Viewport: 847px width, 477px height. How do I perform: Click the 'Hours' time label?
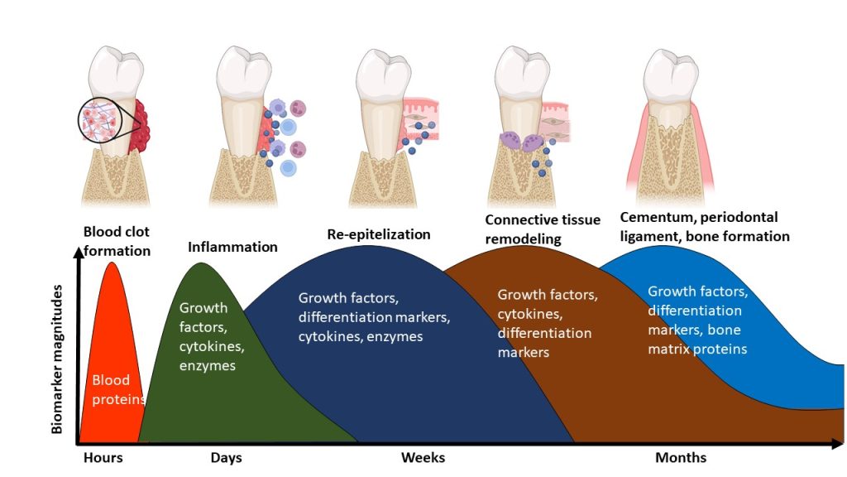click(x=103, y=458)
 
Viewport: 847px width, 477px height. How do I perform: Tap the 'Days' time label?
click(x=227, y=458)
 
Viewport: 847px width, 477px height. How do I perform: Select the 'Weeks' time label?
click(x=423, y=458)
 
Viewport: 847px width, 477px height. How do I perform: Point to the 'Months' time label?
click(x=681, y=458)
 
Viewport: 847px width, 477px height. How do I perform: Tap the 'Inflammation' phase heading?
click(x=232, y=247)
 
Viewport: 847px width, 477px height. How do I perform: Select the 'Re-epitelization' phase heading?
click(x=379, y=234)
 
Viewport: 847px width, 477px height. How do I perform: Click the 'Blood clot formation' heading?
click(x=117, y=240)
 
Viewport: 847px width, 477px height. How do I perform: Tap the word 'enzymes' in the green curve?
click(x=207, y=365)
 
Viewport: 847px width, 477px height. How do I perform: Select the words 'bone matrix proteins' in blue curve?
click(x=697, y=340)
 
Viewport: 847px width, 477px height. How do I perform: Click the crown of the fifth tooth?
click(x=671, y=75)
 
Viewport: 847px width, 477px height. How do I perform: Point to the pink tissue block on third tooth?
click(x=419, y=118)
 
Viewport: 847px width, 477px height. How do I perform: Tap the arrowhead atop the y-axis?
click(x=79, y=253)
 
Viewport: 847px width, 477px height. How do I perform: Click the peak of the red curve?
click(x=112, y=263)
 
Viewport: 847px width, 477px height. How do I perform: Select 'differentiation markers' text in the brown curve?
click(x=544, y=343)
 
